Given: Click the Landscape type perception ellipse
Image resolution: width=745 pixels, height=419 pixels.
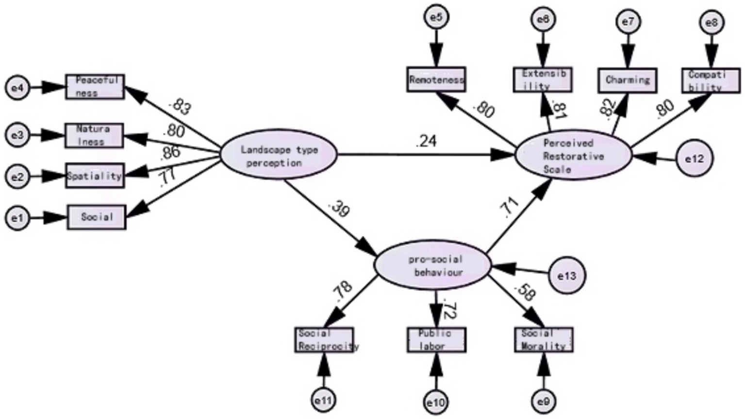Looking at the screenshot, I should [x=279, y=155].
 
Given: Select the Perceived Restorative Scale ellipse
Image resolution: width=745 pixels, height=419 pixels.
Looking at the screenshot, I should [x=573, y=156].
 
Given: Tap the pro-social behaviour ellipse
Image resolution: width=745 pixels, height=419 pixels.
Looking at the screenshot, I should [x=432, y=265].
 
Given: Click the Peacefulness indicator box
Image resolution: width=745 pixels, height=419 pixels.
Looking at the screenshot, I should [x=95, y=87].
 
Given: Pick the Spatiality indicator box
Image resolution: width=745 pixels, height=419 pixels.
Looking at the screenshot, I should [x=95, y=176].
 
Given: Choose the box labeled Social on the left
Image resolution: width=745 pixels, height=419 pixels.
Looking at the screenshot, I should [x=96, y=217].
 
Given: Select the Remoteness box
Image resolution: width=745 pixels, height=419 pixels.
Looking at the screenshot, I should [x=436, y=80].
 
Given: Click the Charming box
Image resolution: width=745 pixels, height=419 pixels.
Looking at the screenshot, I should [x=627, y=80].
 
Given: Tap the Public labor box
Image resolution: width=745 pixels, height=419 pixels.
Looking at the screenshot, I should [x=436, y=340].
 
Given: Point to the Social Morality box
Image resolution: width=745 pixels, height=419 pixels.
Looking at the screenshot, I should [x=544, y=340].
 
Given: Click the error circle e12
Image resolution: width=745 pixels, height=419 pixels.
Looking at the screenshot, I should [x=694, y=158].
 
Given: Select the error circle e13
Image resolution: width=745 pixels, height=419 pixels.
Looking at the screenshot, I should [x=566, y=276].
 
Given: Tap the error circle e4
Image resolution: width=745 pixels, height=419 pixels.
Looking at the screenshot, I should [x=17, y=88].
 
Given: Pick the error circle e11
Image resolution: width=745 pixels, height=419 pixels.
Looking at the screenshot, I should [x=323, y=401].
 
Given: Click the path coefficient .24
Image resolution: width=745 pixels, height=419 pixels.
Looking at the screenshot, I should [x=426, y=141].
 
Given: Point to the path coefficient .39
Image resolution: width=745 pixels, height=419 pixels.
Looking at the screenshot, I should [x=339, y=209].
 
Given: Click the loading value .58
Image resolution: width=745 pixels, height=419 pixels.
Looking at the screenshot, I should [x=525, y=292].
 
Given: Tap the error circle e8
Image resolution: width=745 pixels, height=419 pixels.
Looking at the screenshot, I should [x=712, y=23].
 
